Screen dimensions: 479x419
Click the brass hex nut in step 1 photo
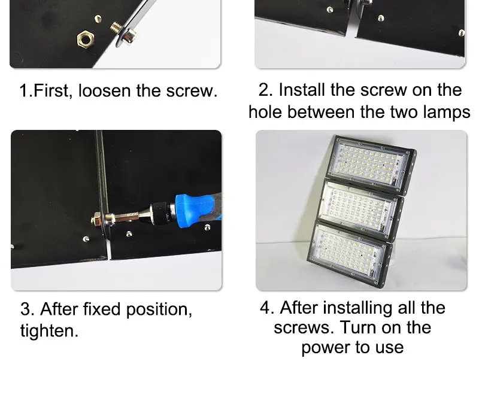[85, 39]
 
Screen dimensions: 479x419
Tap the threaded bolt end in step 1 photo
[116, 28]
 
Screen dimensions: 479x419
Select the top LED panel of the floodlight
[369, 163]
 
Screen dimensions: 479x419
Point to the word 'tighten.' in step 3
[49, 331]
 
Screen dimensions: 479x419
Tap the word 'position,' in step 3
[159, 309]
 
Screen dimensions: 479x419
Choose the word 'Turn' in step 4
[358, 327]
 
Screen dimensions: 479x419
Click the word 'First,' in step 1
[53, 91]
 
